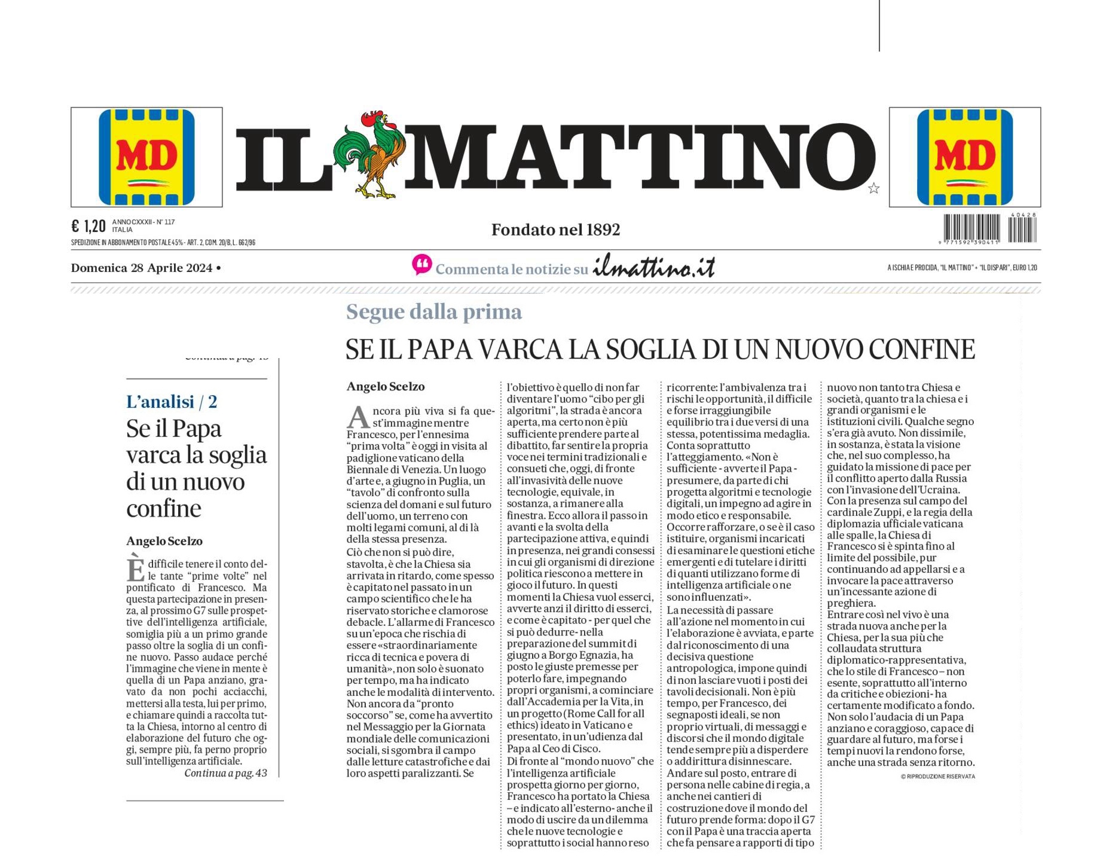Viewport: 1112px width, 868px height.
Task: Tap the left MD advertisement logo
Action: [146, 157]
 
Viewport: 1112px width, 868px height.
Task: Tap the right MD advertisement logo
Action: [964, 157]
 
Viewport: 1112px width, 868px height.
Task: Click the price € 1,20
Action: [88, 226]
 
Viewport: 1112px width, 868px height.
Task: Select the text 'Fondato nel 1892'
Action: [555, 230]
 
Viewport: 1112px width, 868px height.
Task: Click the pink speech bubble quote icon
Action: [421, 265]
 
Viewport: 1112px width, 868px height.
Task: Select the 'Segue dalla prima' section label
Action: [434, 311]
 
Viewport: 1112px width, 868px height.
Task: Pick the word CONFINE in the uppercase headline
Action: [921, 350]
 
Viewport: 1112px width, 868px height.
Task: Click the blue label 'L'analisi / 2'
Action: [172, 401]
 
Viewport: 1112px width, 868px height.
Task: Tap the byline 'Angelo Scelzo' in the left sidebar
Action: [164, 541]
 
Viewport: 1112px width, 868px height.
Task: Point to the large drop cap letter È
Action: [135, 569]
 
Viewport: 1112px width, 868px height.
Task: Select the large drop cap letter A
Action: [358, 417]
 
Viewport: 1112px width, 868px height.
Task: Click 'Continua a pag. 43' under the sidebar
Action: [225, 773]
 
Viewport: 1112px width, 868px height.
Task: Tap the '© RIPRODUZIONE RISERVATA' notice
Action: [937, 777]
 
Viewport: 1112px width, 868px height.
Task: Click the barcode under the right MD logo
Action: [989, 228]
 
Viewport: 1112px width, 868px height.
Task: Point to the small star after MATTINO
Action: [873, 189]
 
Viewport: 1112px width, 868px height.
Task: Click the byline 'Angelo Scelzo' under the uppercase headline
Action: [386, 387]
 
